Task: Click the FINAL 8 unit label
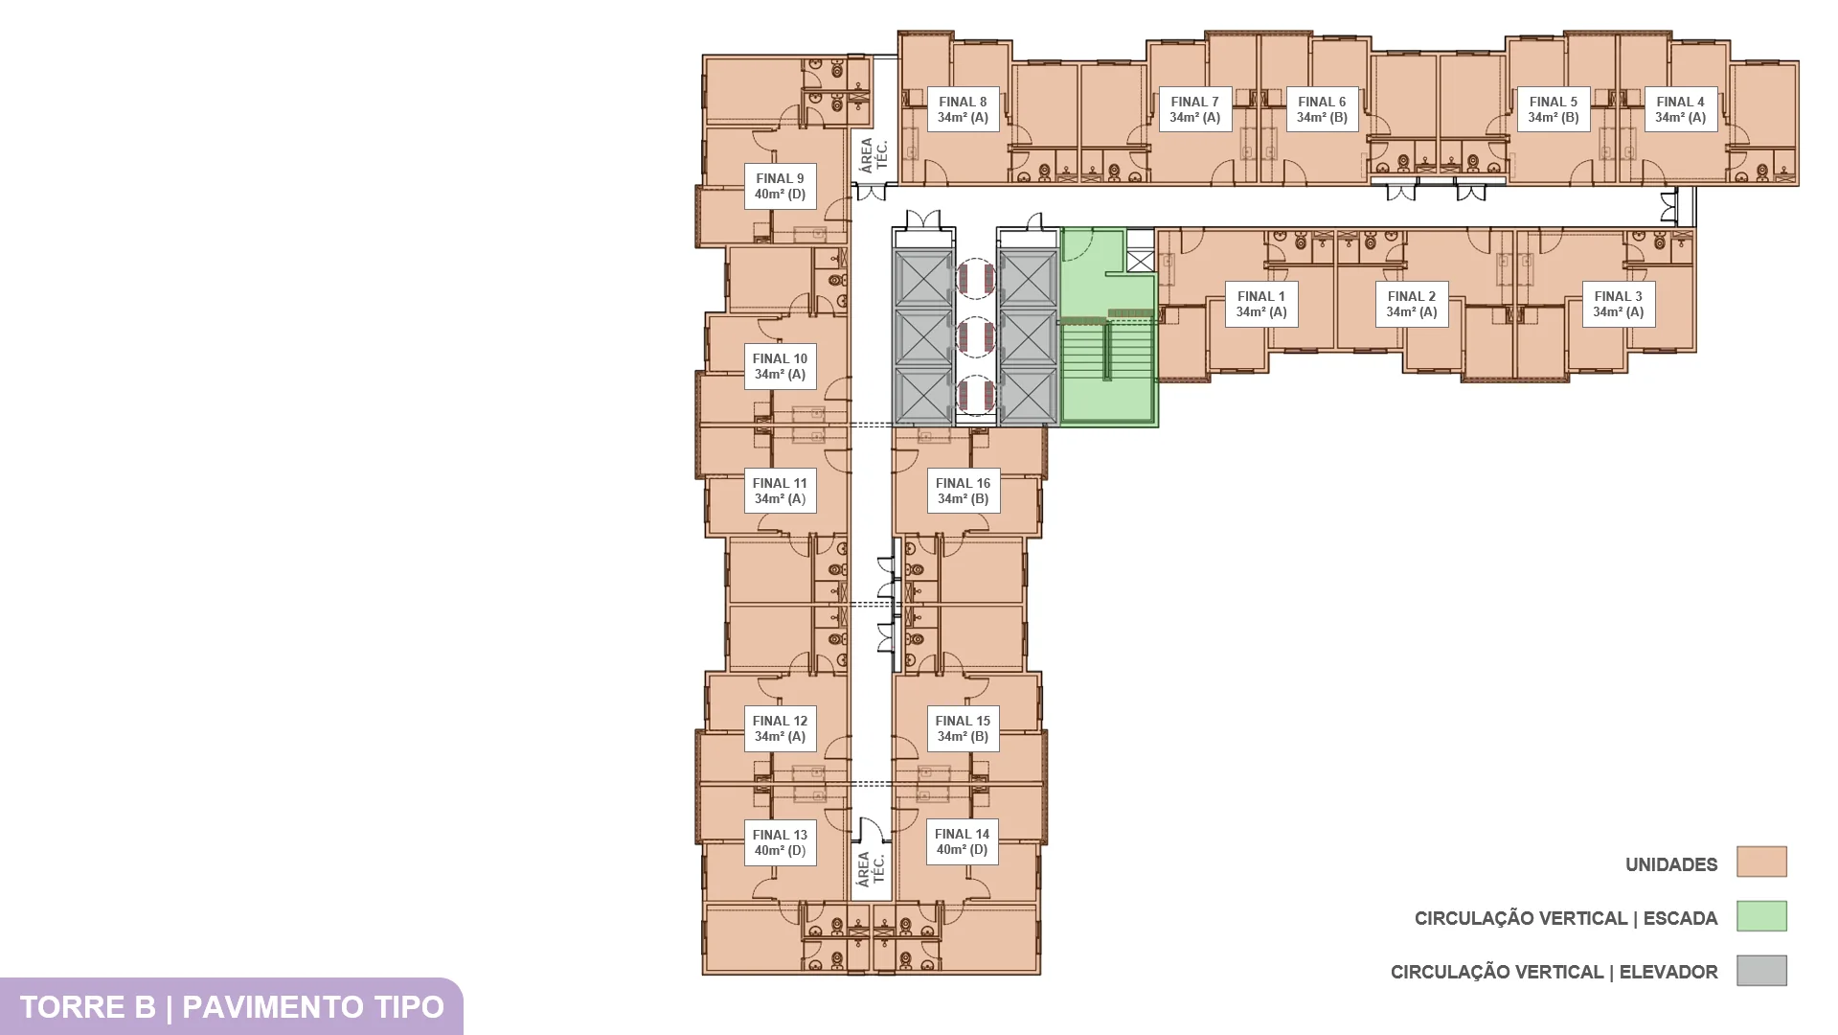(x=963, y=109)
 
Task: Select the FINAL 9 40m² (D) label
(x=780, y=186)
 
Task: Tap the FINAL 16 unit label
(x=963, y=491)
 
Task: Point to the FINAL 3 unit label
(x=1618, y=304)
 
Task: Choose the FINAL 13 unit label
(x=780, y=842)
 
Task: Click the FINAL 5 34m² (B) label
(x=1553, y=109)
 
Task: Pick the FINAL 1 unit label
(x=1260, y=304)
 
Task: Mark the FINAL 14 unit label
(x=962, y=841)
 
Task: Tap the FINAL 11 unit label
(x=780, y=491)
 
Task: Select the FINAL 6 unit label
(x=1322, y=109)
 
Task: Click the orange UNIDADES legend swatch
(x=1761, y=862)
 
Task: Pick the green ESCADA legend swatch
(x=1761, y=916)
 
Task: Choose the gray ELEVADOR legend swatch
(x=1761, y=970)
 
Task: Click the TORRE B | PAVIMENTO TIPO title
(x=232, y=1007)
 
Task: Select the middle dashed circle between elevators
(x=976, y=336)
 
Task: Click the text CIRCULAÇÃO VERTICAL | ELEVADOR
(x=1554, y=972)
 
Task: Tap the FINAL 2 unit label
(x=1411, y=304)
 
